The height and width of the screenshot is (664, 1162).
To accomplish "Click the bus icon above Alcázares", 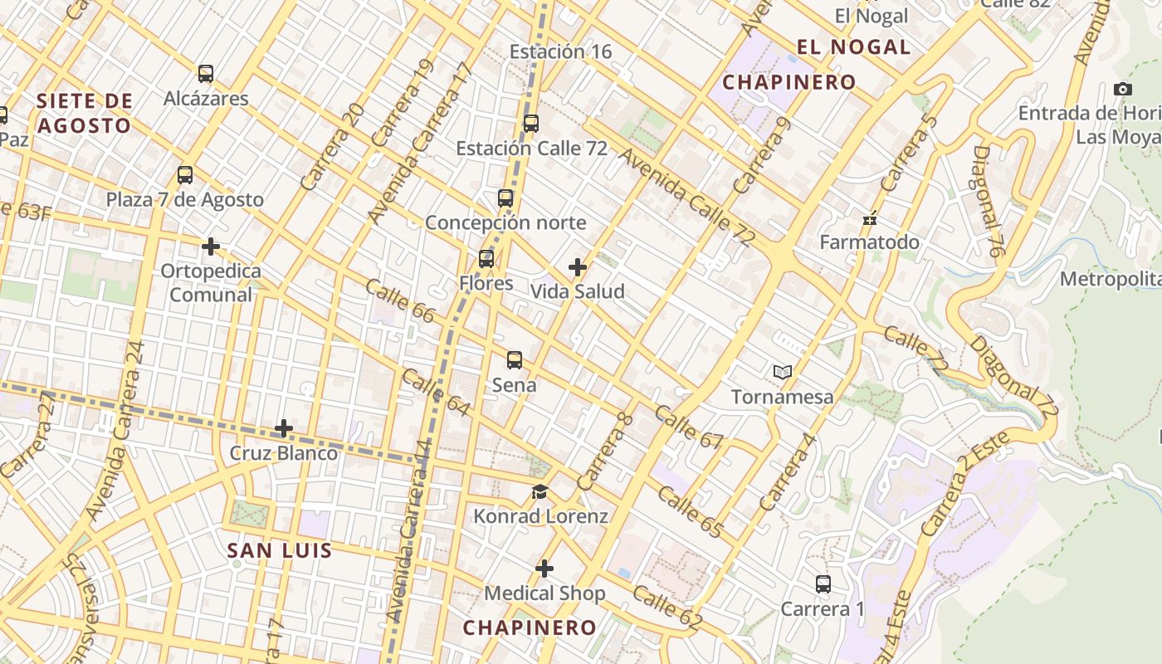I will pyautogui.click(x=206, y=74).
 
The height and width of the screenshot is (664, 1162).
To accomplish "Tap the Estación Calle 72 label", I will pyautogui.click(x=531, y=149).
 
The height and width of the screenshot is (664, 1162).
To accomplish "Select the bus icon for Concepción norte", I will pyautogui.click(x=505, y=198).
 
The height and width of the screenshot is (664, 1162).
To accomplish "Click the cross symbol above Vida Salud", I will pyautogui.click(x=578, y=267).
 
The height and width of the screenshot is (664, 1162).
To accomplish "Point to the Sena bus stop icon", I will pyautogui.click(x=515, y=360).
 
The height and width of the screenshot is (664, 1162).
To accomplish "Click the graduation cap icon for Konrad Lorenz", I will pyautogui.click(x=539, y=492).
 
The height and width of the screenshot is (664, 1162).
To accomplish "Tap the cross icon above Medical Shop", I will pyautogui.click(x=544, y=569).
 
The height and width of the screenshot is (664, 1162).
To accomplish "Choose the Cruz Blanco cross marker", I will pyautogui.click(x=284, y=429).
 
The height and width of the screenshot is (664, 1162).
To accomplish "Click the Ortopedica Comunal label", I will pyautogui.click(x=211, y=283).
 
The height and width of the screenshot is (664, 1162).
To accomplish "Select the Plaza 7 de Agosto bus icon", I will pyautogui.click(x=185, y=175).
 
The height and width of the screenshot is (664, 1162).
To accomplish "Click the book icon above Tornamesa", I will pyautogui.click(x=782, y=373).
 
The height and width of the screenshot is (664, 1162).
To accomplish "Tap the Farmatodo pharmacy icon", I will pyautogui.click(x=870, y=219).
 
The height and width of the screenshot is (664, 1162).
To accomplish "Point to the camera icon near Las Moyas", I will pyautogui.click(x=1122, y=89).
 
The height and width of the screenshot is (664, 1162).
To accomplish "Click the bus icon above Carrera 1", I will pyautogui.click(x=823, y=584).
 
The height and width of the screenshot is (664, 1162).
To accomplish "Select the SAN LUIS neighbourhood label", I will pyautogui.click(x=280, y=550).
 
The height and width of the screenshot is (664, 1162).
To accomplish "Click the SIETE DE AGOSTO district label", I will pyautogui.click(x=84, y=114).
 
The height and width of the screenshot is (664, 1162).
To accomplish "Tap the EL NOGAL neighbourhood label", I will pyautogui.click(x=853, y=46).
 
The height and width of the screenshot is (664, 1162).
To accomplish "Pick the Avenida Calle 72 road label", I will pyautogui.click(x=686, y=198).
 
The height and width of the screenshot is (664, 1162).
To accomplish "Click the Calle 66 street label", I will pyautogui.click(x=399, y=300).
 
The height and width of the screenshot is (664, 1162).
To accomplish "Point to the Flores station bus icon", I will pyautogui.click(x=486, y=259).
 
